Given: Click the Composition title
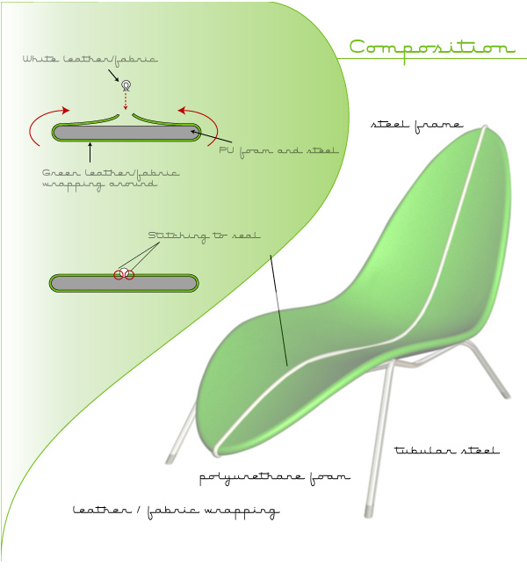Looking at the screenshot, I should pyautogui.click(x=431, y=48).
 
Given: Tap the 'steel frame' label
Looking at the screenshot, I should pyautogui.click(x=416, y=125).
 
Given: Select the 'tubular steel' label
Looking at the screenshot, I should pyautogui.click(x=446, y=451).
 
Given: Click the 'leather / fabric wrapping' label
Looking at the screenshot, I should pyautogui.click(x=176, y=511).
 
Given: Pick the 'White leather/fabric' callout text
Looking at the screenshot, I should pyautogui.click(x=90, y=60).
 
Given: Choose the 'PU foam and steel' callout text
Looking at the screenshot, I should pyautogui.click(x=278, y=150).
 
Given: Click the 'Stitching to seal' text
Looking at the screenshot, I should pyautogui.click(x=204, y=236).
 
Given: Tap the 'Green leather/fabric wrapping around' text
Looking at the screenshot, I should pyautogui.click(x=110, y=178).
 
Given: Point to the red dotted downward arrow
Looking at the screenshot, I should pyautogui.click(x=126, y=101).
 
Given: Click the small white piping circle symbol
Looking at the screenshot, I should pyautogui.click(x=126, y=85).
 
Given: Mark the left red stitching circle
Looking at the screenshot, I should pyautogui.click(x=119, y=275).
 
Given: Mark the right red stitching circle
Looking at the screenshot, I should pyautogui.click(x=129, y=275).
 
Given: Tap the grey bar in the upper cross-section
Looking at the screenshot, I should pyautogui.click(x=126, y=134).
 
